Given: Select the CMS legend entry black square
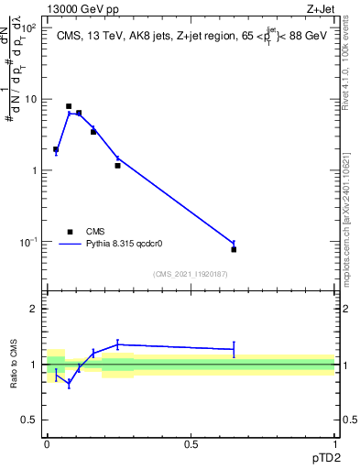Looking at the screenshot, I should [x=69, y=232].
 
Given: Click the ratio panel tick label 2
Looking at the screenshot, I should [x=34, y=309].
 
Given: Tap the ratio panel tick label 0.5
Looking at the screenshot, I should [x=29, y=420].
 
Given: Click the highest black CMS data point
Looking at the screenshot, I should [x=69, y=106].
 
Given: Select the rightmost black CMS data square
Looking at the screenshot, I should [x=234, y=249].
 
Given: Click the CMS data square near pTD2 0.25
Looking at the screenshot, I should [x=117, y=166].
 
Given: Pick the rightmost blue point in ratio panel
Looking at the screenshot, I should [x=234, y=349].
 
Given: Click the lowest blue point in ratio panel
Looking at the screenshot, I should [x=69, y=383].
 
